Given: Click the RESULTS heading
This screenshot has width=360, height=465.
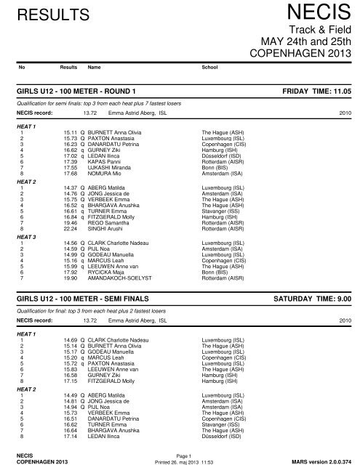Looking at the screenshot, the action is pos(45,15).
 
